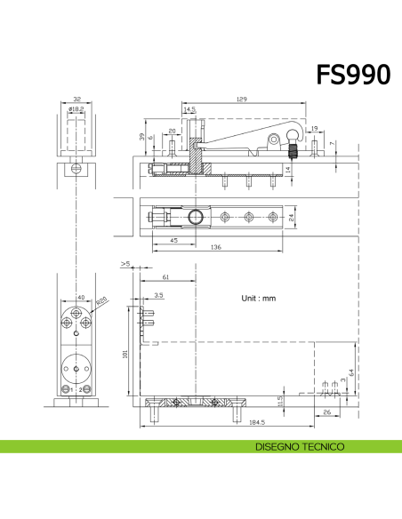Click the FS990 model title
[x=352, y=75]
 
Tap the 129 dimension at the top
[x=241, y=99]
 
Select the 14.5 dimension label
[x=189, y=110]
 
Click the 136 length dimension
[x=216, y=248]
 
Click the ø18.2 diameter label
[x=76, y=108]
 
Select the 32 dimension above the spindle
[x=76, y=100]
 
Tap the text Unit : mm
[x=259, y=299]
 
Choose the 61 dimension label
[x=166, y=278]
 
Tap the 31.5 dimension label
[x=282, y=403]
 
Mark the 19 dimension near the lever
[x=314, y=130]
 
